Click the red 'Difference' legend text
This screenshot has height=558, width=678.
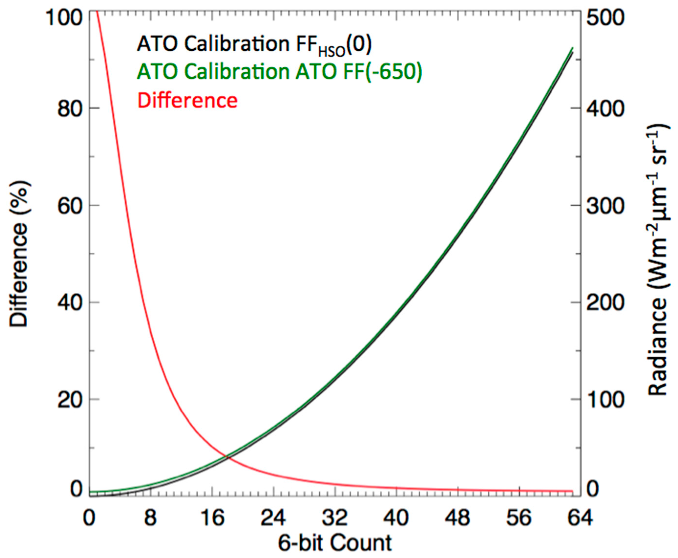tap(188, 101)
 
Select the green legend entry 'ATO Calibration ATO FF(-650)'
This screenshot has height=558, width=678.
tap(279, 72)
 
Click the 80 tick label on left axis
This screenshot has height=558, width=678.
tap(69, 109)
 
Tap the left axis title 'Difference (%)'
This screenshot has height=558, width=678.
tap(19, 254)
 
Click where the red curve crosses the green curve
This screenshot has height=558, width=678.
tap(228, 456)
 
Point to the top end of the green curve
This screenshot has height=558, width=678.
tap(573, 48)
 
